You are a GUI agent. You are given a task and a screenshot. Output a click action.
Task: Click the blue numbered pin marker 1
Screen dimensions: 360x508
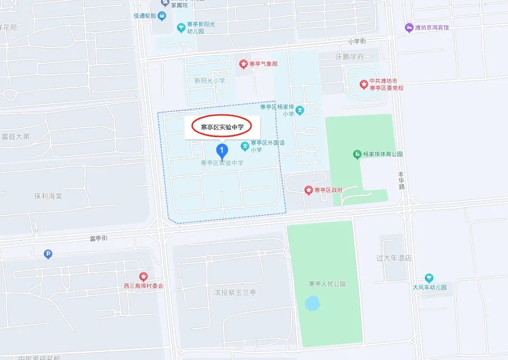(x=222, y=151)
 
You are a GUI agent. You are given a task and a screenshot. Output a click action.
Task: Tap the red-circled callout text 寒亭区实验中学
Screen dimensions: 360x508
(x=222, y=127)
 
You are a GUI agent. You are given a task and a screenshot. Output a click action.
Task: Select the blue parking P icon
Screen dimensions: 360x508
(x=48, y=255)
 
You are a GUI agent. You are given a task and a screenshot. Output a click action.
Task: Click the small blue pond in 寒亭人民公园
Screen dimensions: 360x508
(x=312, y=303)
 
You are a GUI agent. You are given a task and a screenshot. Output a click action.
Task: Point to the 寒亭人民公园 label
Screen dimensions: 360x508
(x=327, y=284)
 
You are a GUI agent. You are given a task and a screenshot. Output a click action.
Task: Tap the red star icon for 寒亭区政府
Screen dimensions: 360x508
(x=308, y=190)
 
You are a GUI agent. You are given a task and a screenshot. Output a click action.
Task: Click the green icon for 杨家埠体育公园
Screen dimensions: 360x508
(x=357, y=154)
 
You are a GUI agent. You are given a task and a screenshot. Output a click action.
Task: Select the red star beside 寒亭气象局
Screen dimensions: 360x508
(x=243, y=64)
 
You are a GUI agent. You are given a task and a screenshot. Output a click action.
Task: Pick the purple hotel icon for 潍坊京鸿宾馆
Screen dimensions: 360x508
(x=409, y=28)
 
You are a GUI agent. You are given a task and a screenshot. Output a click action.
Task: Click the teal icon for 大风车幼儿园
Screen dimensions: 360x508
(x=429, y=278)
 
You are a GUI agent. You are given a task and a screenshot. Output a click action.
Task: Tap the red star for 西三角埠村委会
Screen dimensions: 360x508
(x=143, y=276)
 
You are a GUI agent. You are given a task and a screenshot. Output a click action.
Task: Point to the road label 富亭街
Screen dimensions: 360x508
(x=98, y=238)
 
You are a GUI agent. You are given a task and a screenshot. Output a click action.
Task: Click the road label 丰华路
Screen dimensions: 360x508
(x=402, y=180)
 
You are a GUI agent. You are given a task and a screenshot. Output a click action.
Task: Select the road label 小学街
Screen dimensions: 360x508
(x=357, y=42)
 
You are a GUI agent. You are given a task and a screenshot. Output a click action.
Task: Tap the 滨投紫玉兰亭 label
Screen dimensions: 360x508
(x=235, y=292)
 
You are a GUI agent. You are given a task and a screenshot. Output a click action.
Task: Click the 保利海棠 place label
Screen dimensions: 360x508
(x=48, y=196)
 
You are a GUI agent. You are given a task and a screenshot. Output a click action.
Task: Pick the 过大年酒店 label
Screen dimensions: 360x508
(x=394, y=258)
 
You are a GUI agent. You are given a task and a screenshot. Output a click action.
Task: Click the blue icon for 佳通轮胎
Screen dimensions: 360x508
(x=162, y=16)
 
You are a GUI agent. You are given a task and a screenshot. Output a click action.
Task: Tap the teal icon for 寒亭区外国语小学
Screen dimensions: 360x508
(x=245, y=146)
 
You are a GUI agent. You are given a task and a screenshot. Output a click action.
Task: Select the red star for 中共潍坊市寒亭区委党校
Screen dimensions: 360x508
(x=364, y=84)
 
